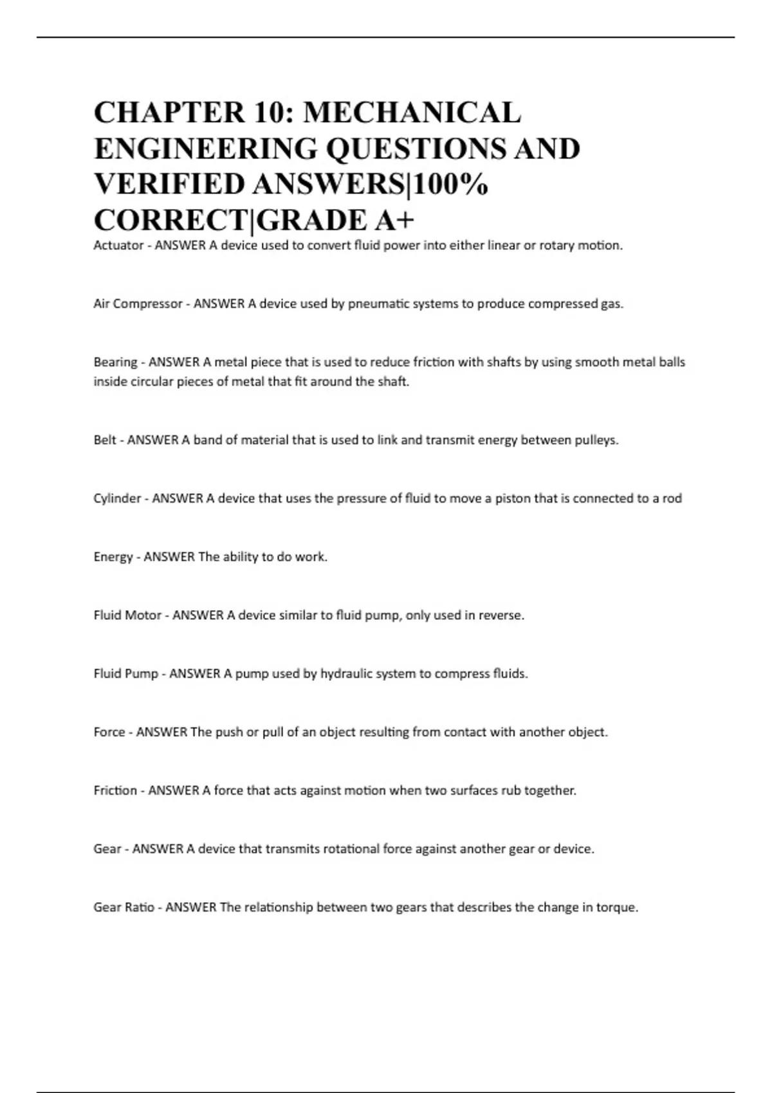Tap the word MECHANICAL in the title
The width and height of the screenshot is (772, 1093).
pyautogui.click(x=412, y=113)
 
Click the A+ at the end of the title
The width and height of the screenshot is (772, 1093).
pyautogui.click(x=394, y=221)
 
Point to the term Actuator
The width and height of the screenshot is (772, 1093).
pyautogui.click(x=118, y=246)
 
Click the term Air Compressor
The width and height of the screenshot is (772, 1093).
pyautogui.click(x=138, y=304)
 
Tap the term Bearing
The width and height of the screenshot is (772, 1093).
pyautogui.click(x=115, y=362)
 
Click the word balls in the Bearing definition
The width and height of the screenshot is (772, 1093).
pyautogui.click(x=672, y=362)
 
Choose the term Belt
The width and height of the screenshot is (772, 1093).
pyautogui.click(x=105, y=440)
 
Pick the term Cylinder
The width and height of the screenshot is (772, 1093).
pyautogui.click(x=117, y=498)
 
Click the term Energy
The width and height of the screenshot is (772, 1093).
pyautogui.click(x=113, y=557)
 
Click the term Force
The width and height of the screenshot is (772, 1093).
pyautogui.click(x=109, y=732)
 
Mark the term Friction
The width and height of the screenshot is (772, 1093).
pyautogui.click(x=115, y=791)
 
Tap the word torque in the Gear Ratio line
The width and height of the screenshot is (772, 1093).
pyautogui.click(x=616, y=908)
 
